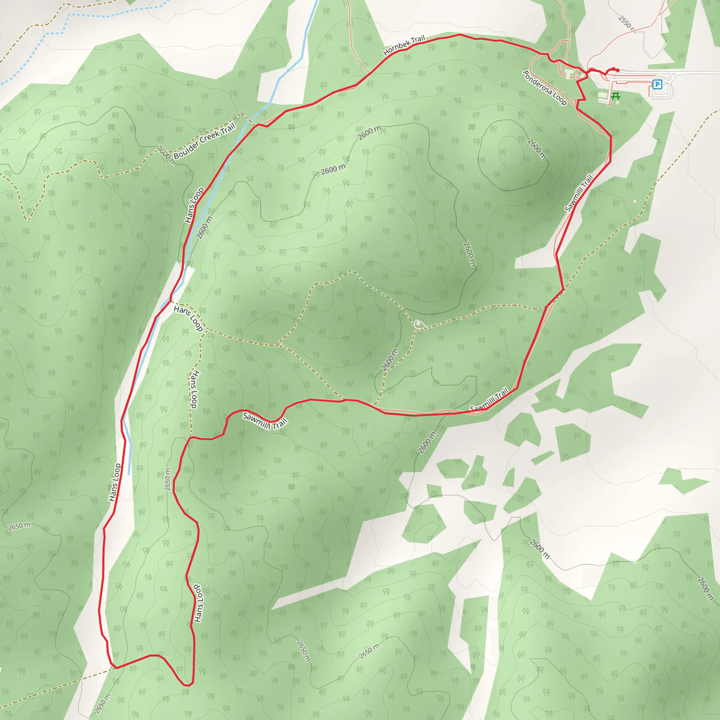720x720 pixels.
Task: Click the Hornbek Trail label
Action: (404, 45)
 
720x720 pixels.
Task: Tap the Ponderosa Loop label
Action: (545, 88)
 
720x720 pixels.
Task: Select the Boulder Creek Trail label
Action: (204, 141)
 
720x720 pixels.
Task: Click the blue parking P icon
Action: (657, 85)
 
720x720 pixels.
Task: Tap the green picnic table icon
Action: (616, 96)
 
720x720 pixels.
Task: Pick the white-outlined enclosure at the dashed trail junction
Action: (419, 324)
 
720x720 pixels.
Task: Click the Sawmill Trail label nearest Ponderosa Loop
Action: (578, 193)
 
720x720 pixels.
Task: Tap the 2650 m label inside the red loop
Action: (168, 480)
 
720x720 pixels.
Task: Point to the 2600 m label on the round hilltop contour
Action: (536, 149)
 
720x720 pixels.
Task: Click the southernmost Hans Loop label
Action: (199, 603)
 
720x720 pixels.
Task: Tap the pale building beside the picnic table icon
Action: (603, 95)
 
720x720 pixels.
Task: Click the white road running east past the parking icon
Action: (697, 72)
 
